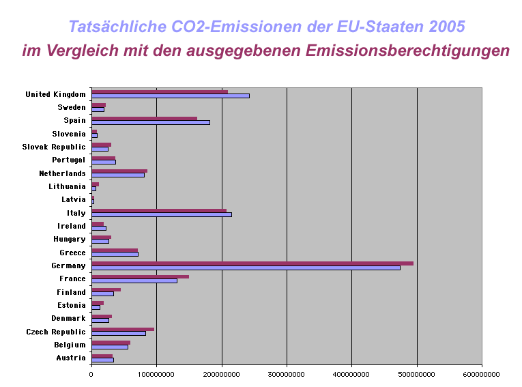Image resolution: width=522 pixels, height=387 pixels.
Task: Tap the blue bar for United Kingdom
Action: click(171, 96)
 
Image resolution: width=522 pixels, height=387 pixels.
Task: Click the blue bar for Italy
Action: click(162, 215)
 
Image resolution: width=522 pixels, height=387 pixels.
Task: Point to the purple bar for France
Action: click(140, 276)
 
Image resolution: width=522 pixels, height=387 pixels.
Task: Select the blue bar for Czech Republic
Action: click(119, 334)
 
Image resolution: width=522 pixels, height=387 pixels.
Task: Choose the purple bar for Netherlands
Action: click(119, 171)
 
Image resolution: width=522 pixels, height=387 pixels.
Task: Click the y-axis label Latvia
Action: click(74, 199)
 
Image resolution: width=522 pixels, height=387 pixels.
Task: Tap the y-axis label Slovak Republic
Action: click(54, 147)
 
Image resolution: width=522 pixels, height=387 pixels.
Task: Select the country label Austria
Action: click(71, 358)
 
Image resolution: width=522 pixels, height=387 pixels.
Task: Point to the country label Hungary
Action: click(70, 239)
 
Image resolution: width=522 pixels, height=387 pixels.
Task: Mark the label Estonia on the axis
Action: click(71, 305)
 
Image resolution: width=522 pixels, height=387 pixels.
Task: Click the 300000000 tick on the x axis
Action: click(287, 374)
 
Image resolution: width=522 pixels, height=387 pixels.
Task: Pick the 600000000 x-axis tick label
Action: click(481, 374)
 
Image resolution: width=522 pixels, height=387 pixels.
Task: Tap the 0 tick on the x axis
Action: click(91, 374)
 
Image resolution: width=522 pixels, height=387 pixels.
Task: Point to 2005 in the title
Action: click(448, 27)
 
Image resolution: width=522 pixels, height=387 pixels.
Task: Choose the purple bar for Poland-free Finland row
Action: click(106, 290)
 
